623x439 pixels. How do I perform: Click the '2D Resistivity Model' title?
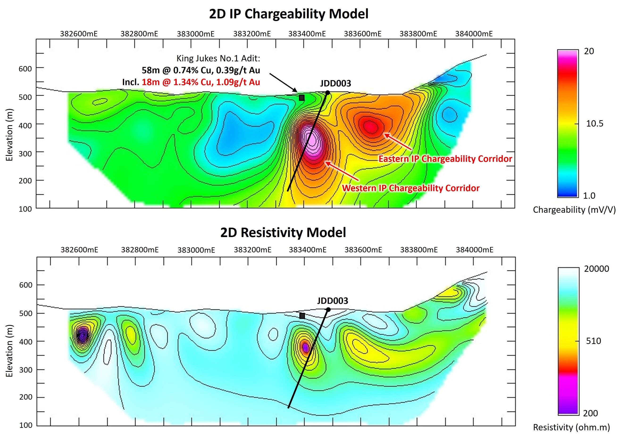point(283,233)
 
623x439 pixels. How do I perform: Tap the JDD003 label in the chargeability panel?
point(335,83)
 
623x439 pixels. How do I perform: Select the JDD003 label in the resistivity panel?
point(332,301)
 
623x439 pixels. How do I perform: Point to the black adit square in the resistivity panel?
point(302,316)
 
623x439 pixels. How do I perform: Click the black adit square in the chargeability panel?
point(302,98)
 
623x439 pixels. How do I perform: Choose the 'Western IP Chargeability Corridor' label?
point(410,188)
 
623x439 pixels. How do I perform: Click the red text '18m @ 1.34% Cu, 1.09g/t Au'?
point(201,82)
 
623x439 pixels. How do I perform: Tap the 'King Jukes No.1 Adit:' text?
point(218,58)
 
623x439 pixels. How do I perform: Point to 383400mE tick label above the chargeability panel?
point(307,34)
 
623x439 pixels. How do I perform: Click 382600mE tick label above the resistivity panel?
point(79,250)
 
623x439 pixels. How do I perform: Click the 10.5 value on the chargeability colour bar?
point(594,123)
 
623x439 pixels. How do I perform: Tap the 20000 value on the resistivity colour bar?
point(596,269)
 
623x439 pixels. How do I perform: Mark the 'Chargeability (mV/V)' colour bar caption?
point(574,210)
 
